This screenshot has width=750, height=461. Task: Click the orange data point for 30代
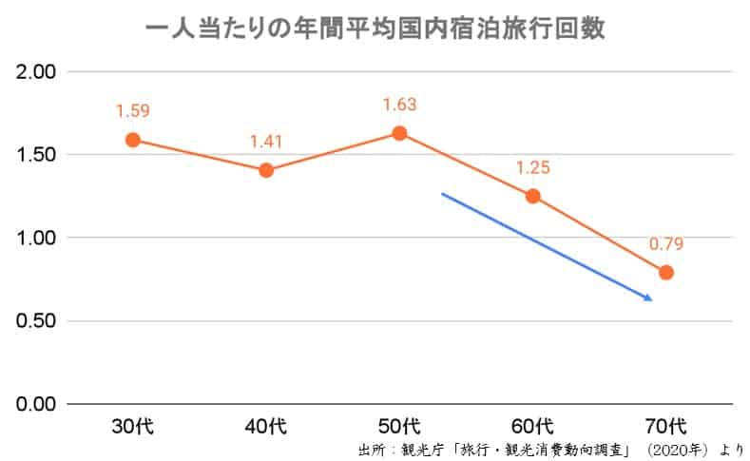(133, 140)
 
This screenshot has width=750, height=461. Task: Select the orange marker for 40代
(266, 170)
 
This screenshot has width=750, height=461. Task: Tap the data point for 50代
(399, 133)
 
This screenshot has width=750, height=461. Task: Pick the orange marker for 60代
(533, 197)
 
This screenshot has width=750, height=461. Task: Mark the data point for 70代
(666, 273)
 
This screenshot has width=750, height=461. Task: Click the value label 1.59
(133, 111)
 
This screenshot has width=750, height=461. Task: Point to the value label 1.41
(266, 143)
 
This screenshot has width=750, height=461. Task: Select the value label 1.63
(399, 105)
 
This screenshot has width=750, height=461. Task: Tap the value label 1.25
(533, 168)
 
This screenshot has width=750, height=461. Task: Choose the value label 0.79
(666, 244)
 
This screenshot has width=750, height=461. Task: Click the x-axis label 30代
(133, 424)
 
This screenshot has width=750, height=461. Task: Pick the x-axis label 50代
(399, 424)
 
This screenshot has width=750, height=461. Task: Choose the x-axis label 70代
(666, 424)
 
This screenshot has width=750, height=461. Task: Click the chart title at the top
(375, 29)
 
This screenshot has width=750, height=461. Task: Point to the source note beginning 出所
(550, 449)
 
